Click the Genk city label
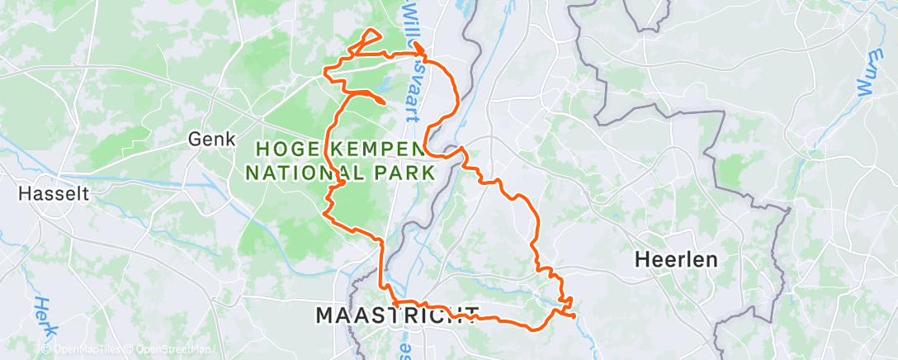pyautogui.click(x=212, y=139)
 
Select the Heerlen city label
pyautogui.click(x=675, y=258)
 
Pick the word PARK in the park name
pyautogui.click(x=408, y=173)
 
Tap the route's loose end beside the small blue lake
pyautogui.click(x=383, y=102)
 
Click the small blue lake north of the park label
pyautogui.click(x=385, y=83)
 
